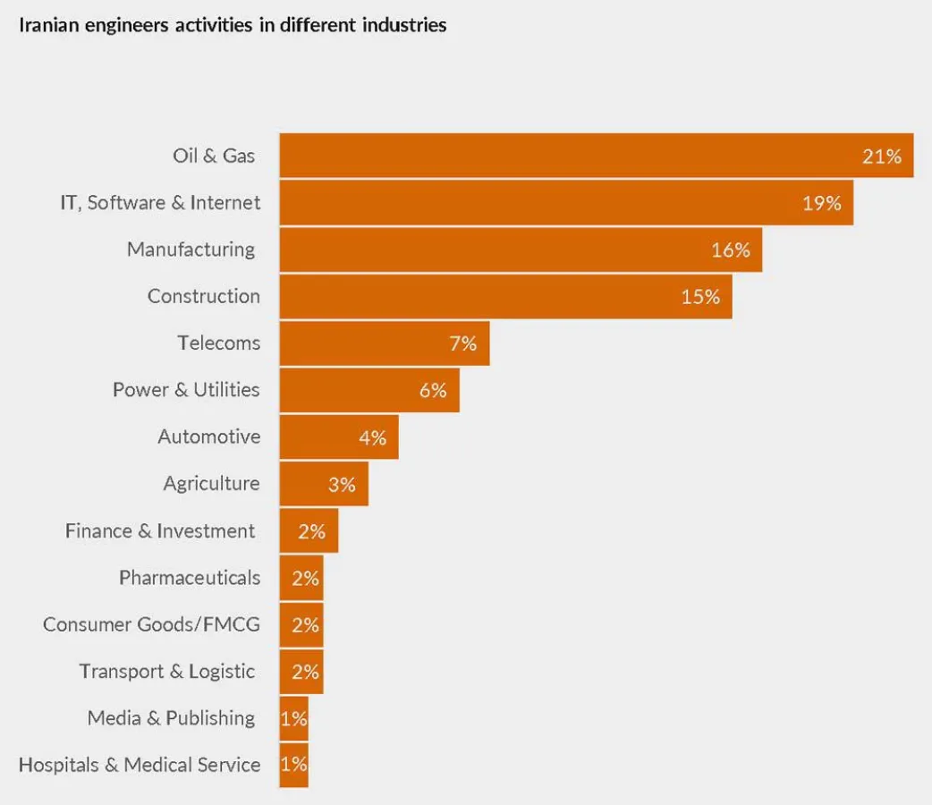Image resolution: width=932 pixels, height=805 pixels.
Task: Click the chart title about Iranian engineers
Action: coord(233,25)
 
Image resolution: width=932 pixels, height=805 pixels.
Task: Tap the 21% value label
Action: coord(881,157)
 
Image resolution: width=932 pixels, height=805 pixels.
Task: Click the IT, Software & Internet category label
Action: coord(160,203)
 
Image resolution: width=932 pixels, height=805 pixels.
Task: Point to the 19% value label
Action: coord(821,203)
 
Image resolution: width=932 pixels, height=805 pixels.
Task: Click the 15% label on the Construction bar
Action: coord(700,297)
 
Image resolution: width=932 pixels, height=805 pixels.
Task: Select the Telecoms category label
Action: coord(218,343)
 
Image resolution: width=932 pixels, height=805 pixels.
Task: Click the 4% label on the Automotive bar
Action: coord(372,437)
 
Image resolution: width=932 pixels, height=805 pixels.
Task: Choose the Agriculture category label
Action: coord(211,484)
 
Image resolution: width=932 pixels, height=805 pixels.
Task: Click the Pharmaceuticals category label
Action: coord(190,578)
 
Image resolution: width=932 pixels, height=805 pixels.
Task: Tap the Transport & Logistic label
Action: coord(167,672)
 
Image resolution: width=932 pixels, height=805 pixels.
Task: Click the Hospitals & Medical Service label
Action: coord(140,765)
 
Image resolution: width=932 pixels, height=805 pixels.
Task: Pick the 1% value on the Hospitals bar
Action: coord(293,765)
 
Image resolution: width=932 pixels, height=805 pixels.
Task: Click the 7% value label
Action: coord(462,343)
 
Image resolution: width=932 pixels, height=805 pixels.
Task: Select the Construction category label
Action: coord(204,297)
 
